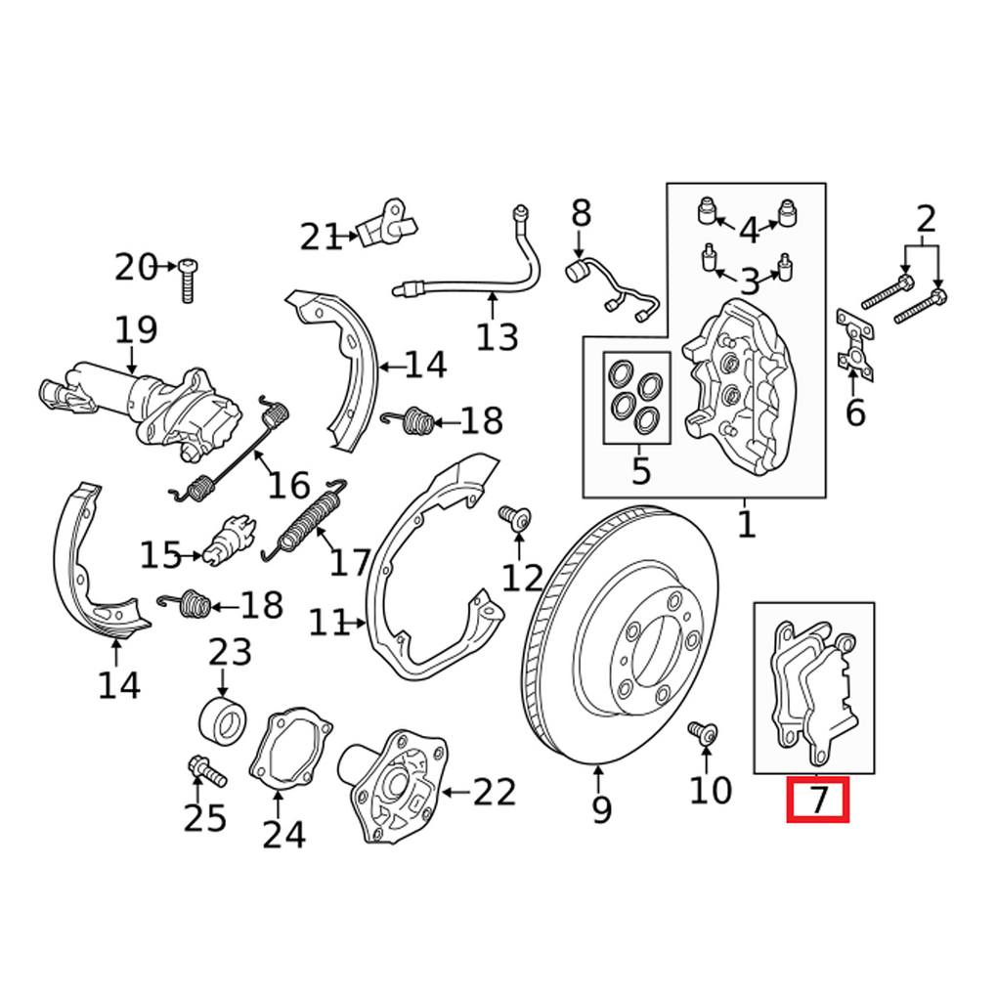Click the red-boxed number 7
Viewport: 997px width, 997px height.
(x=818, y=800)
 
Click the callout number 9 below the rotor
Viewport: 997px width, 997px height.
(x=601, y=809)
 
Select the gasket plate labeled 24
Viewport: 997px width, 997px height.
(x=288, y=754)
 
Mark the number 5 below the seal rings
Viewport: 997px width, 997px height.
(x=639, y=470)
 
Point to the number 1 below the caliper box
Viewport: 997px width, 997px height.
(x=746, y=524)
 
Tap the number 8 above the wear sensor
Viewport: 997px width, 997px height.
(x=581, y=212)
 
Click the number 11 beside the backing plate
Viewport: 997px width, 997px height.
(x=330, y=623)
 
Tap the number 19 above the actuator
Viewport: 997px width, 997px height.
(x=136, y=330)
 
